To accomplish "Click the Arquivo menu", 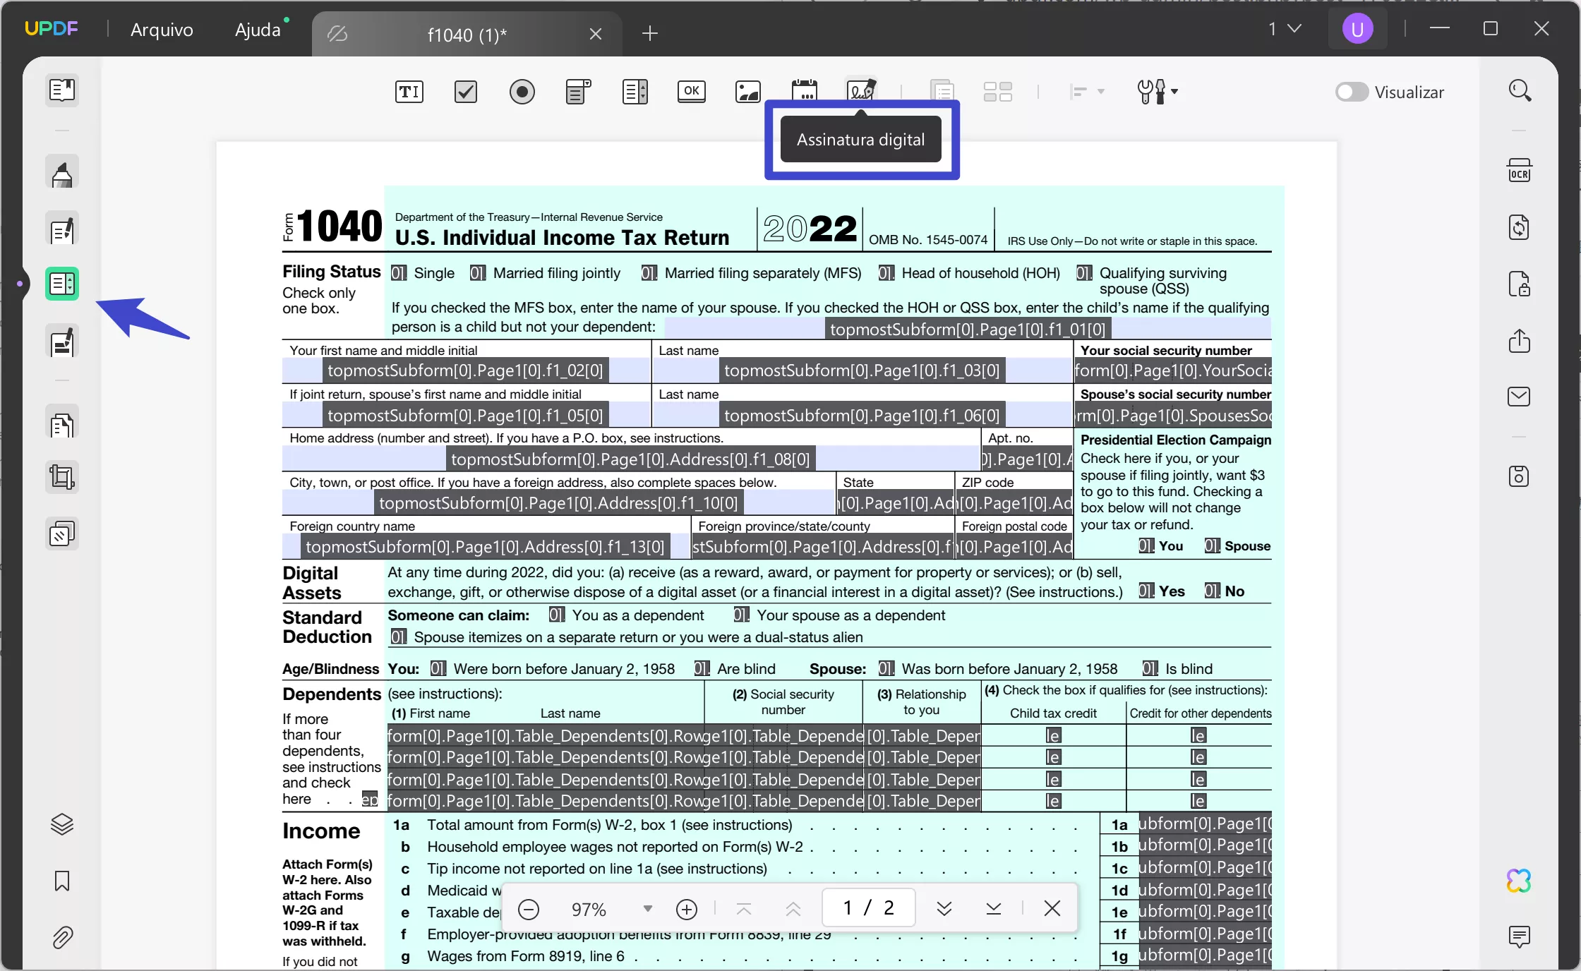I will pos(162,30).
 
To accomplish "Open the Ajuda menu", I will pos(258,30).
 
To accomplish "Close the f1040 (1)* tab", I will pos(596,34).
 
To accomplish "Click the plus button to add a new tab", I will pos(650,33).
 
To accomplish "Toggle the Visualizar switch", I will pos(1352,92).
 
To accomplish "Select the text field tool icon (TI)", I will pos(409,92).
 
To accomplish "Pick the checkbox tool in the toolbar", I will pos(466,92).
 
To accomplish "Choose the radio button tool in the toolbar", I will pos(522,92).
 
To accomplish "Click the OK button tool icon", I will pos(692,92).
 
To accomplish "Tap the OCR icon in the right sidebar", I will pos(1519,171).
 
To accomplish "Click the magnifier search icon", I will pos(1519,91).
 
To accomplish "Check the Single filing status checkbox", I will pos(399,273).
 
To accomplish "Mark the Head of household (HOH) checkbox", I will pos(886,273).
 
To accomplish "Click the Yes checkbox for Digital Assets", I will pos(1146,591).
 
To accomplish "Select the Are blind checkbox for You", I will pos(702,669).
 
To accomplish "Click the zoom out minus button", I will pos(529,909).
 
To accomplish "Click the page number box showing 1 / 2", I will pos(869,907).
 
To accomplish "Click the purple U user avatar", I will pos(1357,30).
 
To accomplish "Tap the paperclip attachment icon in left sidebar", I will pos(62,938).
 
